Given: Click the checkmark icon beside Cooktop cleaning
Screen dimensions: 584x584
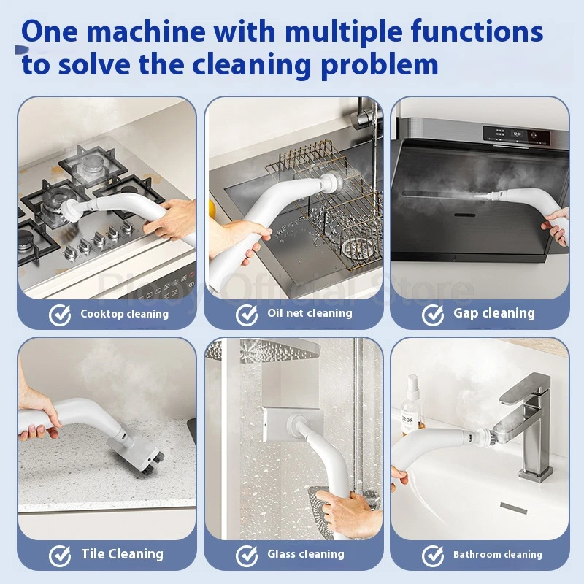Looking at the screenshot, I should pyautogui.click(x=60, y=315).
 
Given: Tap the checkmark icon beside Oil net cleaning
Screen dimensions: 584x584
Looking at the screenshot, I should pyautogui.click(x=247, y=315).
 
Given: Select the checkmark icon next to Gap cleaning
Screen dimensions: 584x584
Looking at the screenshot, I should pyautogui.click(x=433, y=315).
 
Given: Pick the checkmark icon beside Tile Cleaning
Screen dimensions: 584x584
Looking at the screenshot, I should pyautogui.click(x=60, y=556).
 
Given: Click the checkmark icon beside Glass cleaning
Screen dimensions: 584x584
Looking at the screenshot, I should pyautogui.click(x=247, y=556).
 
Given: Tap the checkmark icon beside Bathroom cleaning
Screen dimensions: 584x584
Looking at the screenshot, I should pyautogui.click(x=433, y=556).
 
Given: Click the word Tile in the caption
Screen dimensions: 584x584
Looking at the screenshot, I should pyautogui.click(x=93, y=554).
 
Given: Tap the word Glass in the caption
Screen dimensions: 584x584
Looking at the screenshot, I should pyautogui.click(x=282, y=555).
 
